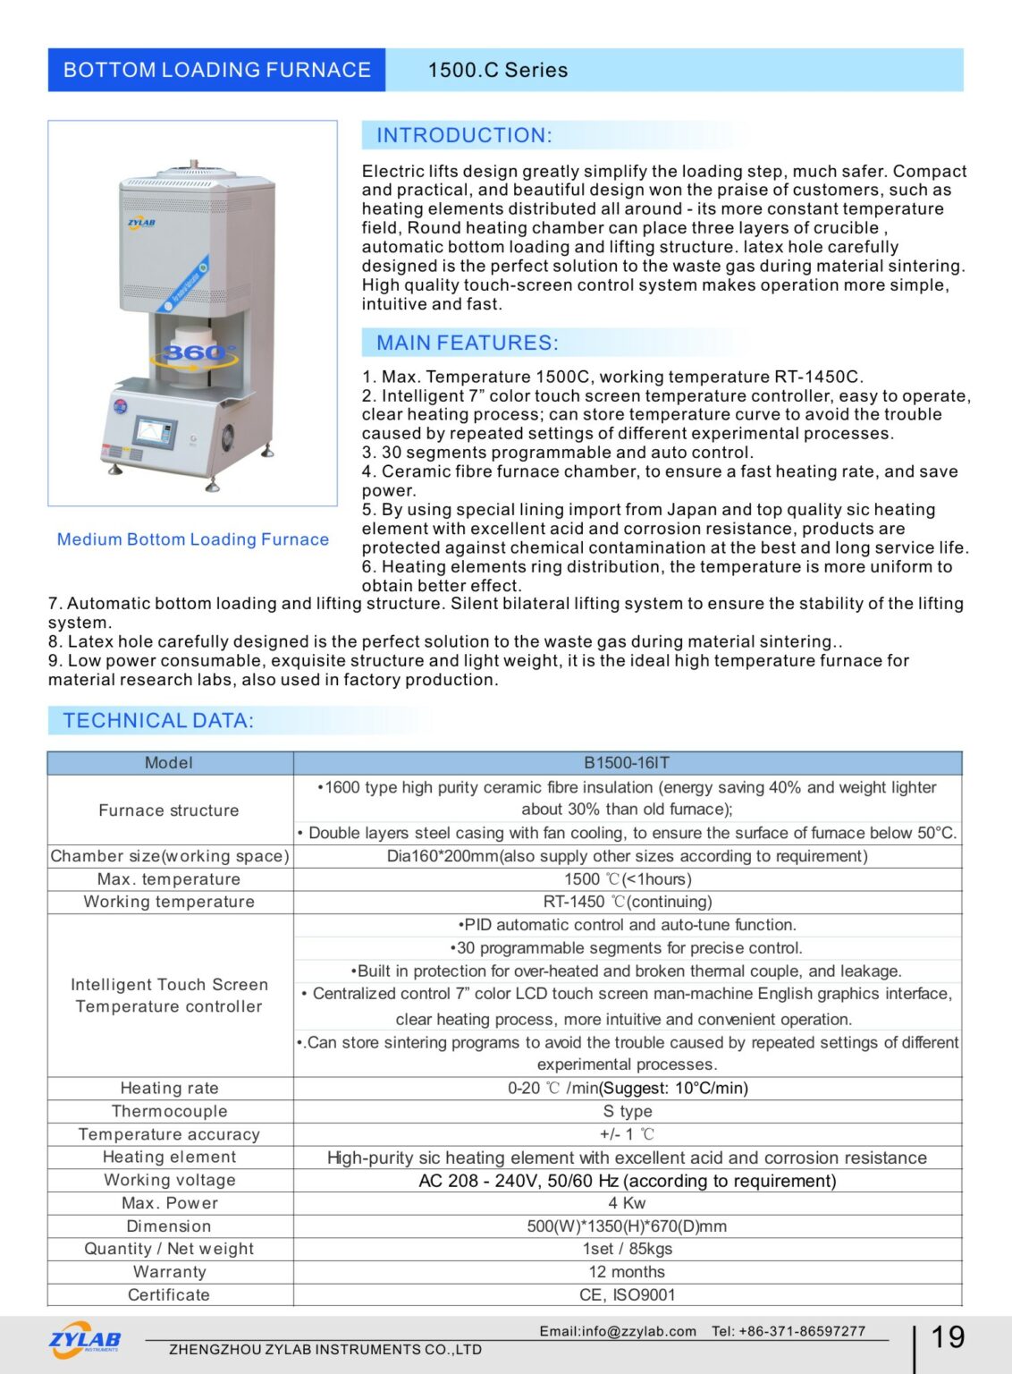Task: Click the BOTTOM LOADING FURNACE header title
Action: (216, 70)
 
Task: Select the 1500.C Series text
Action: (497, 70)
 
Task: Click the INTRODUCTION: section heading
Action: (464, 135)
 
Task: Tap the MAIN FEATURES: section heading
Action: (467, 343)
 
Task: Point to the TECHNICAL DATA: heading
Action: (158, 720)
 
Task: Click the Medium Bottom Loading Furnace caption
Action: (193, 539)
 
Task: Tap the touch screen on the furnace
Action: (155, 431)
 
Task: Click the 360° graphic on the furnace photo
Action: (198, 353)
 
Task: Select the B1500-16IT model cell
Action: (627, 763)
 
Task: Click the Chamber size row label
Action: (170, 856)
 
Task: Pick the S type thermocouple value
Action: (627, 1111)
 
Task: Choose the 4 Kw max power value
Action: (627, 1203)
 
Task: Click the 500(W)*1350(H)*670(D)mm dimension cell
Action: (627, 1226)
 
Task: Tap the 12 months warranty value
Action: (627, 1272)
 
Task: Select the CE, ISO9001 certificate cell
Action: (627, 1295)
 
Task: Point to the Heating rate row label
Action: (170, 1088)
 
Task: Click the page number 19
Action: (948, 1337)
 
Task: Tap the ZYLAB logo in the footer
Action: (85, 1340)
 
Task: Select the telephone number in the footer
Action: (805, 1331)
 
